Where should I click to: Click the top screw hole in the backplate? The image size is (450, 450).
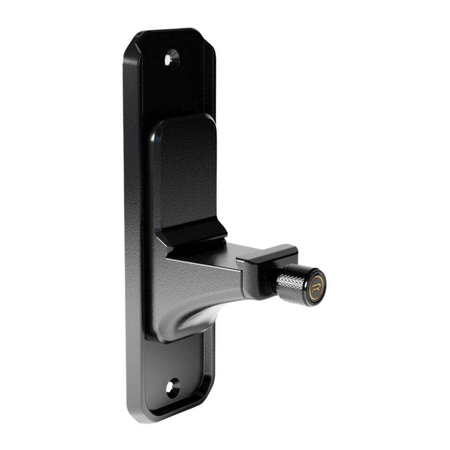[x=172, y=59]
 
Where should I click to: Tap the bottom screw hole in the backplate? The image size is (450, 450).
[x=172, y=387]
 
